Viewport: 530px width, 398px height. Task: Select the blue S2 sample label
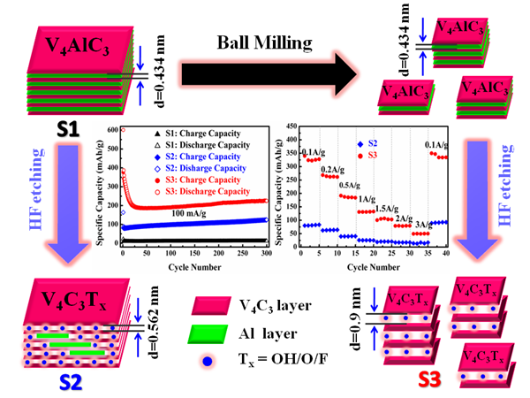(x=70, y=382)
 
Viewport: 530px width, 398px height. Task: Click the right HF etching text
(x=511, y=192)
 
